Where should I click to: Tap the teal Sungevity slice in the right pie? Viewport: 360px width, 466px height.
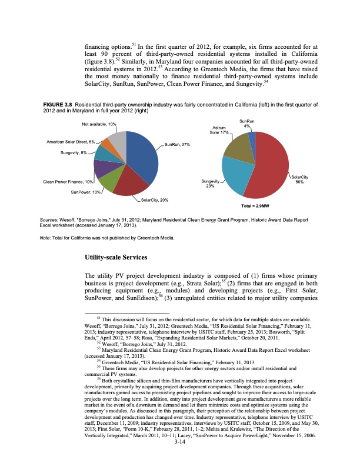tap(237, 177)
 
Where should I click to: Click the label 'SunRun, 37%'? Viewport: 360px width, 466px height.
tap(177, 144)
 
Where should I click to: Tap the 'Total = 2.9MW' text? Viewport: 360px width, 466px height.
tap(256, 207)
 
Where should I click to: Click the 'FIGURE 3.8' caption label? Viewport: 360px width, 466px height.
tap(57, 105)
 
